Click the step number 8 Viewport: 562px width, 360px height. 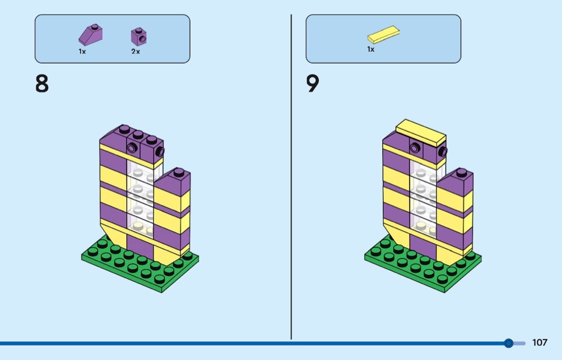(x=42, y=84)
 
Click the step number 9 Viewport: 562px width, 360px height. (x=313, y=84)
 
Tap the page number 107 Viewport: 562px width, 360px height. (x=540, y=342)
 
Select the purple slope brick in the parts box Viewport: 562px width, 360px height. (x=90, y=35)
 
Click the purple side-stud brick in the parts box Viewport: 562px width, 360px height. (x=139, y=36)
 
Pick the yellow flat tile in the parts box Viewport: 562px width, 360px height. (x=384, y=34)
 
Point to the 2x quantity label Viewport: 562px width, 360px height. (x=135, y=51)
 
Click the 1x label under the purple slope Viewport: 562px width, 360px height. (x=82, y=51)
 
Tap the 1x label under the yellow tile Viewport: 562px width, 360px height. (x=370, y=49)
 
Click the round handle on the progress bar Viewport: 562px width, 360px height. (x=508, y=343)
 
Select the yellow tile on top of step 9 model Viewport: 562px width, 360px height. (x=421, y=133)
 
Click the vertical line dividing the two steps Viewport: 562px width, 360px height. (x=291, y=177)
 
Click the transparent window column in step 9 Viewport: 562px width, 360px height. (x=423, y=199)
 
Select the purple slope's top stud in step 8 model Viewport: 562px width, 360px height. (x=179, y=173)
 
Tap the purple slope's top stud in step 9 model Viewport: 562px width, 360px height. (x=461, y=173)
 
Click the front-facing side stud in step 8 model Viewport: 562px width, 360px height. (x=132, y=148)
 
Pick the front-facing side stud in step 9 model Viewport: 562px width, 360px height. (x=415, y=148)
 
